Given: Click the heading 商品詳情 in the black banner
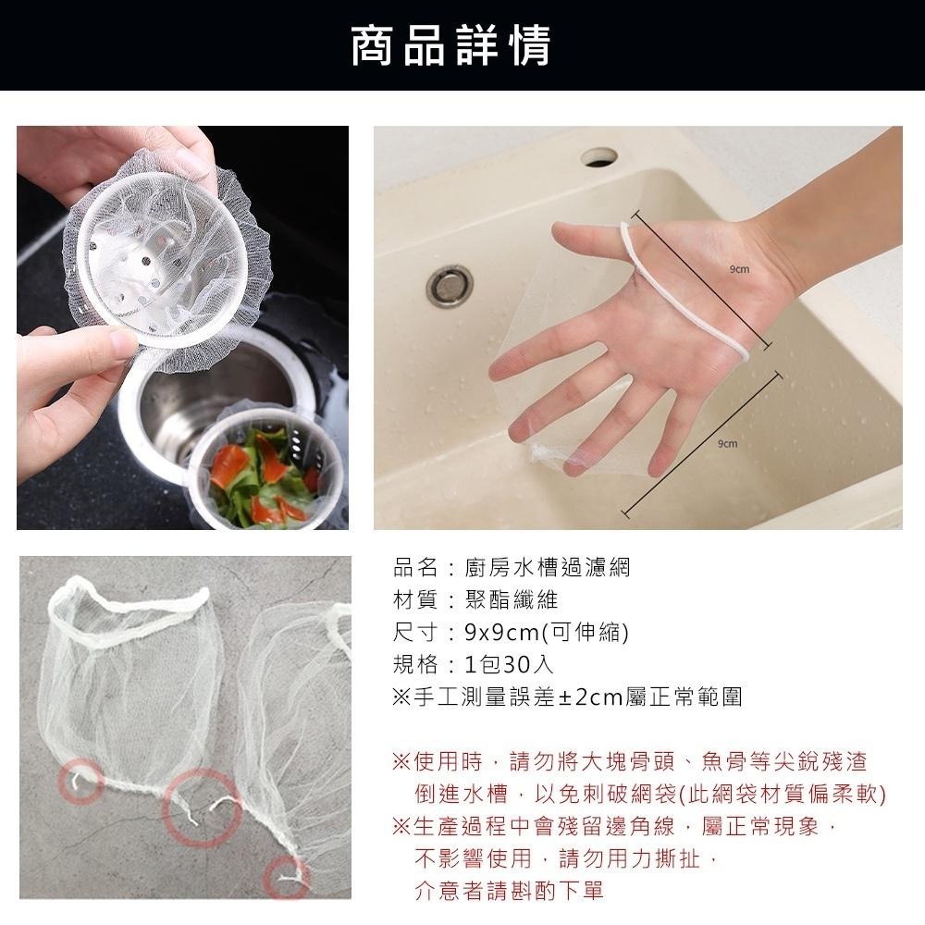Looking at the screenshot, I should pyautogui.click(x=450, y=44).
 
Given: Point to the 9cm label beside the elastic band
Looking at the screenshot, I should pyautogui.click(x=738, y=269).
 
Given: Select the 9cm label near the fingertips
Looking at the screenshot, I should pyautogui.click(x=727, y=445).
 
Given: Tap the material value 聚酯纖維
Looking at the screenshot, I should pyautogui.click(x=511, y=599).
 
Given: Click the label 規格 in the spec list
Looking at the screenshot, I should pyautogui.click(x=413, y=665).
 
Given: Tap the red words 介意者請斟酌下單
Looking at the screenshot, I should pyautogui.click(x=509, y=891).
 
